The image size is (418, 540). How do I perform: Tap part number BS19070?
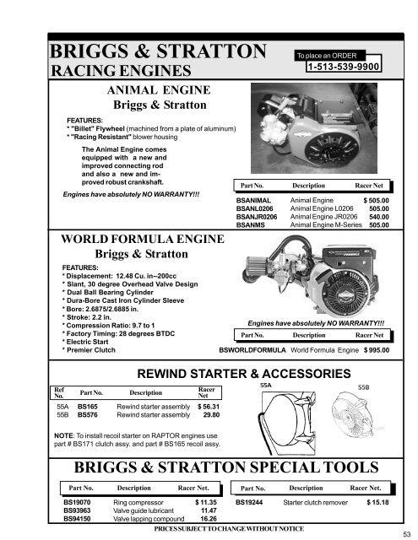[x=79, y=502]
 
